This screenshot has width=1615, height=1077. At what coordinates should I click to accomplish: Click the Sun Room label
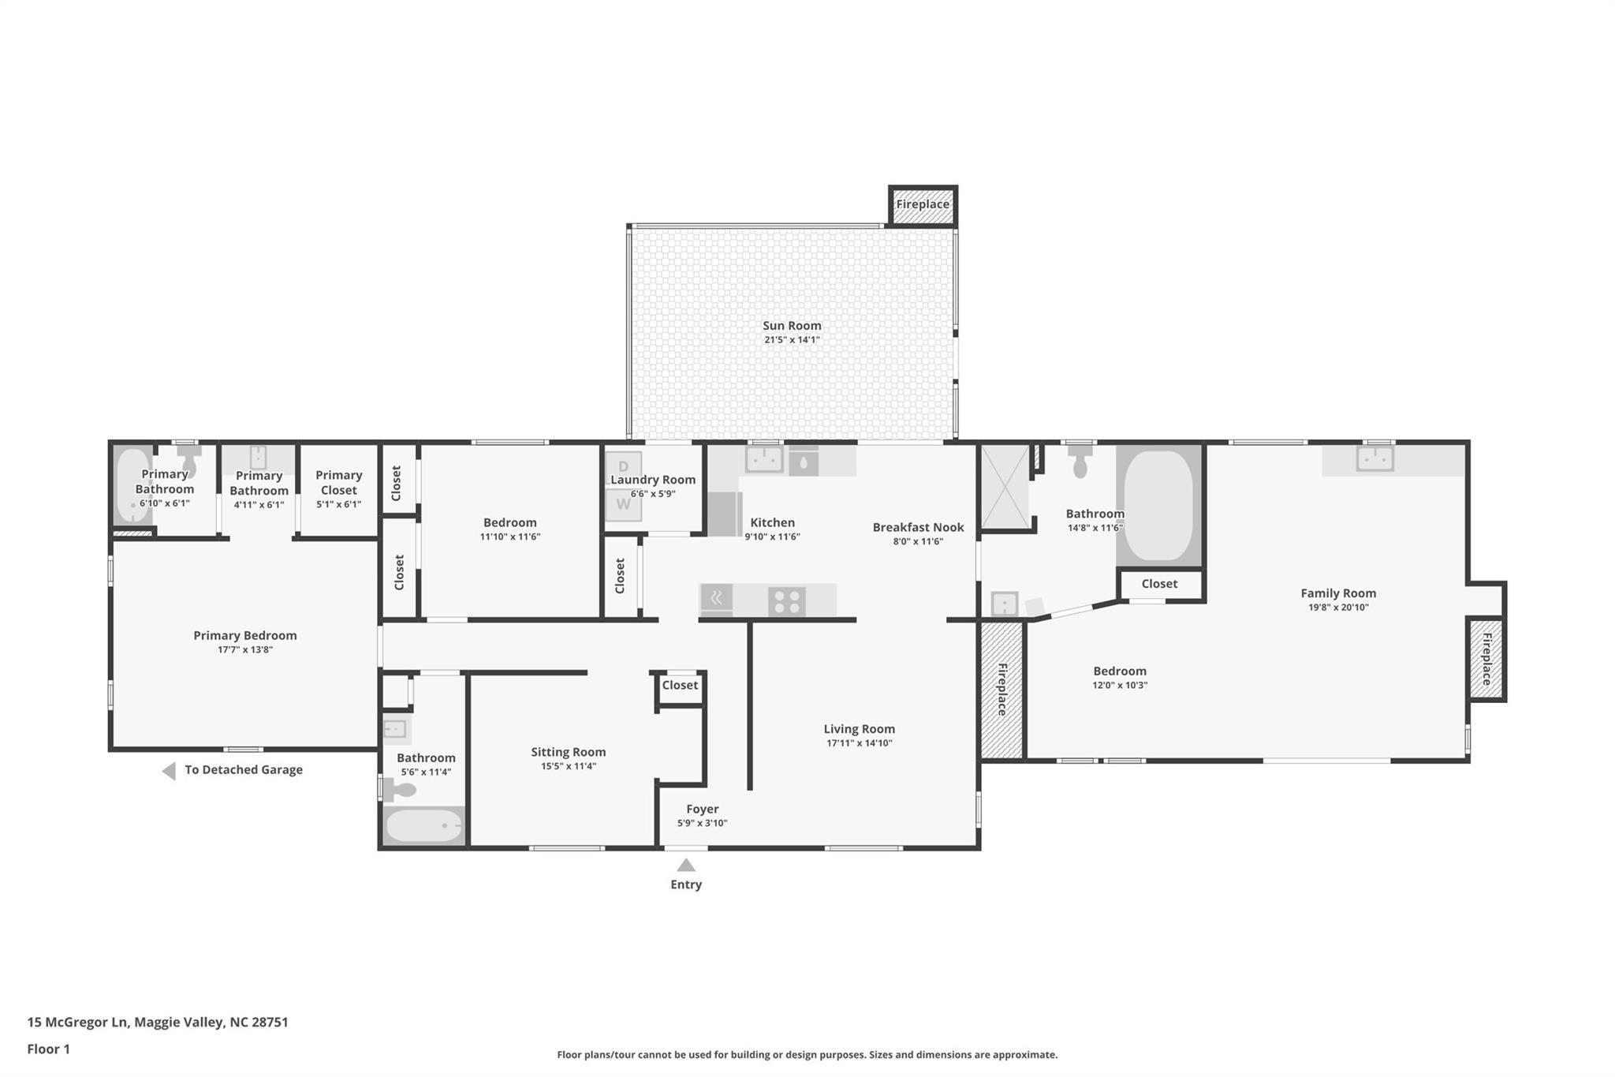click(x=792, y=325)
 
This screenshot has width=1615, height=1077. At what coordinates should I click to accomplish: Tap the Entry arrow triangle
click(x=686, y=866)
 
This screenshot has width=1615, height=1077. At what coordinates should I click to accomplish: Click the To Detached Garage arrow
click(x=169, y=771)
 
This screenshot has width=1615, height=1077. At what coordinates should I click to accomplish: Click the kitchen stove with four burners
click(x=786, y=601)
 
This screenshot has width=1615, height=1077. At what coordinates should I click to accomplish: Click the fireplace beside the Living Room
click(x=1001, y=690)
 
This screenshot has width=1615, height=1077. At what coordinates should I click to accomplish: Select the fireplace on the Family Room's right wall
click(x=1486, y=659)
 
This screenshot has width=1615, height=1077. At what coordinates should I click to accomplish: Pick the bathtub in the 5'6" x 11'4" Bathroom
click(x=423, y=825)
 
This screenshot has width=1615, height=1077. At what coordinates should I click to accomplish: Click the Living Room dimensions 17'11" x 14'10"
click(x=859, y=743)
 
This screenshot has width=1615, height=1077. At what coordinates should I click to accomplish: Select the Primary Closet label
click(x=338, y=482)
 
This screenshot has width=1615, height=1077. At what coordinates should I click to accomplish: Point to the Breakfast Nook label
click(x=918, y=527)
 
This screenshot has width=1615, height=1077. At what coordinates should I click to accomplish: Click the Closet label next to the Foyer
click(x=680, y=685)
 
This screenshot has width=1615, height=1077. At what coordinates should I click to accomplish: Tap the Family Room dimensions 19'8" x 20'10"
click(x=1338, y=608)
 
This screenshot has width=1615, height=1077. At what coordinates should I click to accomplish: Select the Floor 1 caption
click(x=48, y=1049)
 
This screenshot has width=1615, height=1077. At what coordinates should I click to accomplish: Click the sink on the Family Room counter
click(x=1374, y=458)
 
